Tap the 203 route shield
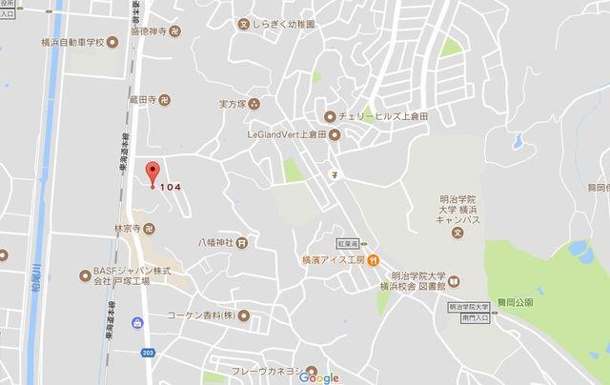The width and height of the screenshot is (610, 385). pyautogui.click(x=148, y=352)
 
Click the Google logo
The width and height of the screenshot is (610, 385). pyautogui.click(x=318, y=377)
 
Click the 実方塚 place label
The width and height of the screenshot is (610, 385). pyautogui.click(x=233, y=103)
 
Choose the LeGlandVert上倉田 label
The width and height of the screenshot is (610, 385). pyautogui.click(x=286, y=134)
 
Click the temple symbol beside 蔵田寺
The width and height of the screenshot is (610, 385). pyautogui.click(x=163, y=98)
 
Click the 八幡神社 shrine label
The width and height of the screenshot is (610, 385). pyautogui.click(x=214, y=242)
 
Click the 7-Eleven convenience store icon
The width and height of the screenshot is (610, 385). pyautogui.click(x=335, y=174)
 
